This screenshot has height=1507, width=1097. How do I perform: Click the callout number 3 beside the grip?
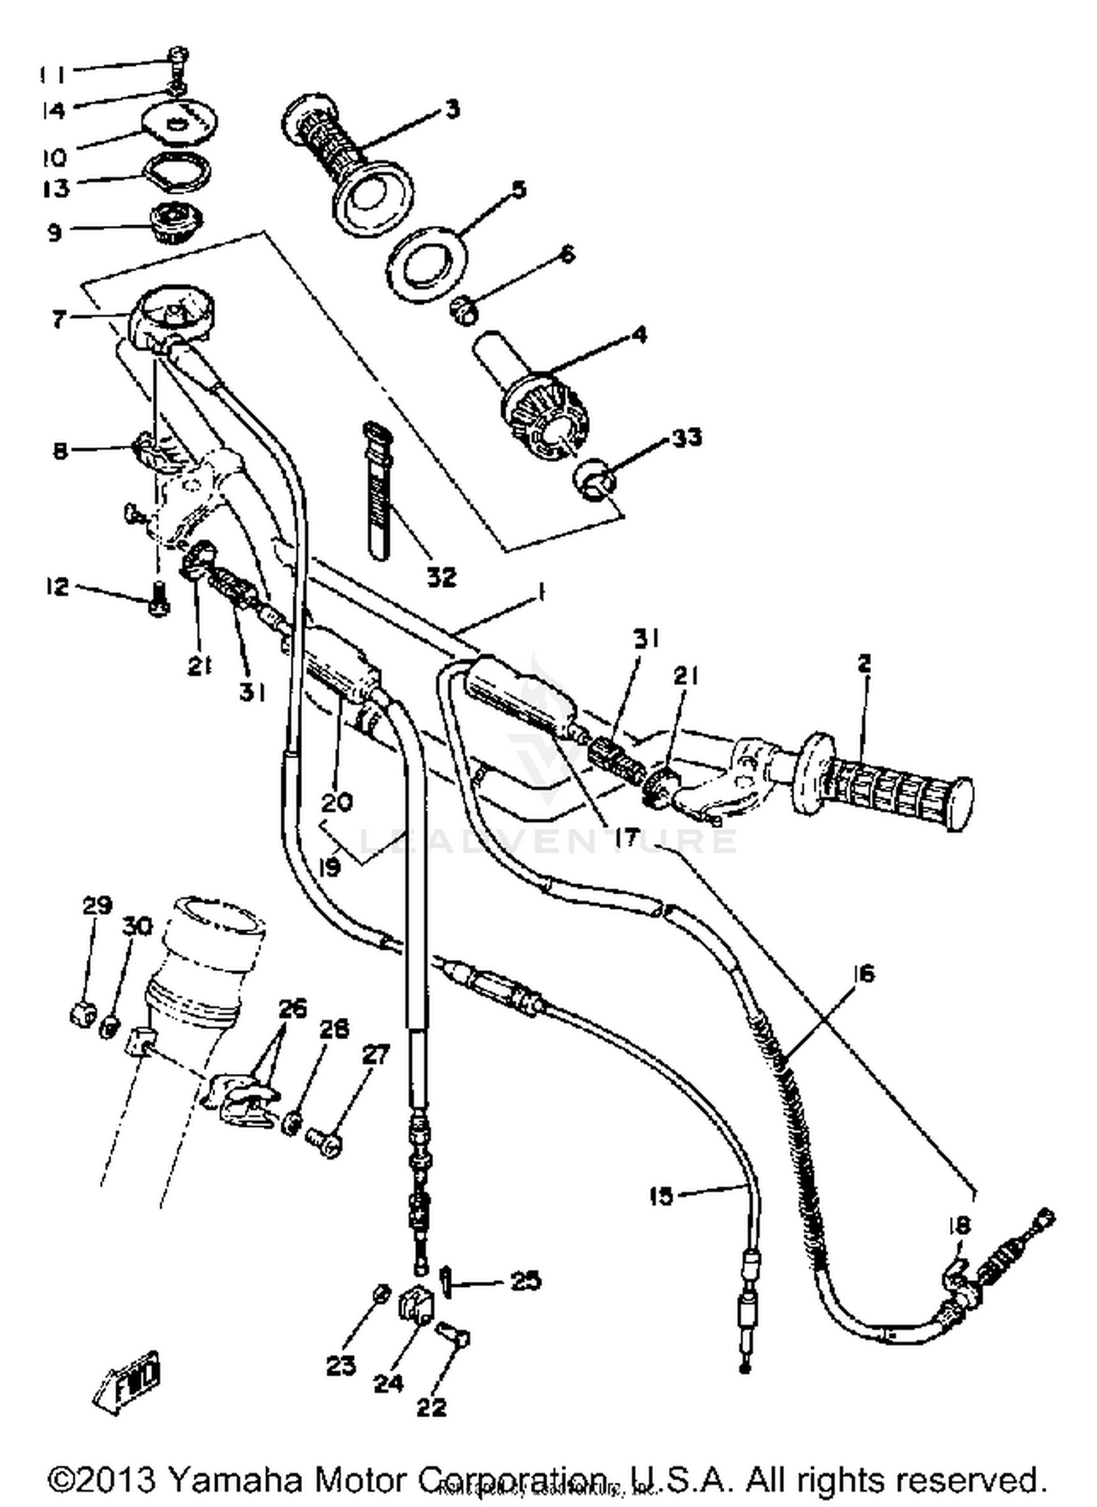point(453,110)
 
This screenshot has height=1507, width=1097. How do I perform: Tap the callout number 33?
point(686,437)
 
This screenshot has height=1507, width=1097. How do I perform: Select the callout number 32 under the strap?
point(442,577)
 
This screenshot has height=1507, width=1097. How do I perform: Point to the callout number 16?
point(863,973)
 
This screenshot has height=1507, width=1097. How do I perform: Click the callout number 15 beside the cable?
point(660,1197)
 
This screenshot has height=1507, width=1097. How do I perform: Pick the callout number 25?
point(526,1280)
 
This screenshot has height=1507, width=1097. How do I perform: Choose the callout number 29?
point(96,905)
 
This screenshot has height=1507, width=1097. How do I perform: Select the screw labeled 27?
point(322,1141)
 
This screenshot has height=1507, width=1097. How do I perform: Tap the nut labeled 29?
point(83,1014)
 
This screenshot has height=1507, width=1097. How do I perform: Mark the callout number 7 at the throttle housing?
point(59,319)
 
